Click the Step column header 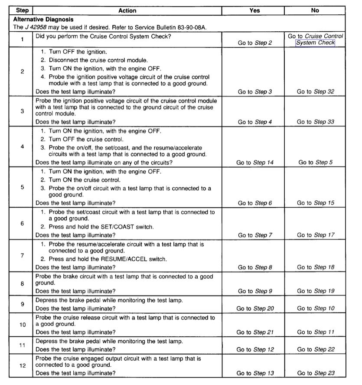point(22,10)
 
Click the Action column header point(127,10)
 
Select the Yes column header point(254,10)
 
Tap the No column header point(315,10)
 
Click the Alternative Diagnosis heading point(43,20)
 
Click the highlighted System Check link point(315,43)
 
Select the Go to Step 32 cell point(315,92)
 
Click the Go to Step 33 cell point(315,122)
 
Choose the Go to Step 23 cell point(315,373)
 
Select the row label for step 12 point(22,365)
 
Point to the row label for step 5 point(22,187)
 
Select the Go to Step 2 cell point(254,43)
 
